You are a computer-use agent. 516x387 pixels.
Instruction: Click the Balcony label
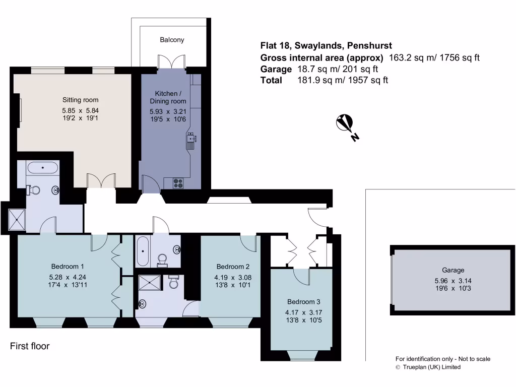coord(172,40)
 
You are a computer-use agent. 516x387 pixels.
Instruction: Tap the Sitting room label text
coord(80,100)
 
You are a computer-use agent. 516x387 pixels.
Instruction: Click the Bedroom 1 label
coord(68,266)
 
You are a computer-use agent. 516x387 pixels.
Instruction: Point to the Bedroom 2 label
coord(233,267)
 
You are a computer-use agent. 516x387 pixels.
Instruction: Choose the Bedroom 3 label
coord(303,302)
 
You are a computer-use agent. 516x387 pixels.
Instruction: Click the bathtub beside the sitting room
coord(43,167)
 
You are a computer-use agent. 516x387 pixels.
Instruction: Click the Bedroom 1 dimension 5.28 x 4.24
coord(68,277)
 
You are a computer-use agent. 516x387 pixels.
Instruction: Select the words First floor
coord(30,347)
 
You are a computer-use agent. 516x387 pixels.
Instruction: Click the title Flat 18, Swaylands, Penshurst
coord(326,46)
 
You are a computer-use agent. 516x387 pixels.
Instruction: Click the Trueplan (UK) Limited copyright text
coord(428,367)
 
